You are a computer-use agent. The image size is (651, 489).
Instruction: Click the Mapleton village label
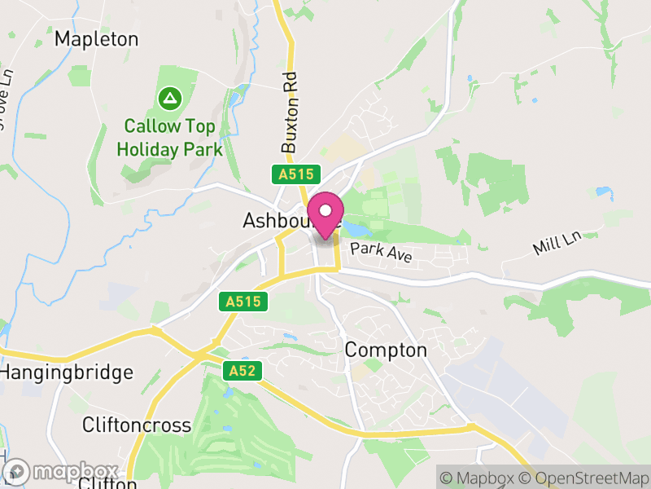coord(96,39)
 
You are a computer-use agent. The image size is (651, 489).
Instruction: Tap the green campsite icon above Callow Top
coord(169,99)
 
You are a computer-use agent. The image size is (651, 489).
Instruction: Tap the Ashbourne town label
coord(277,221)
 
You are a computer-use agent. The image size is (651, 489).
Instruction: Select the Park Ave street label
coord(381,253)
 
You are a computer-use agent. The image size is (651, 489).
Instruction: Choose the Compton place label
coord(386,350)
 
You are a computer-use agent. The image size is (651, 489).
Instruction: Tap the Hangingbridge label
coord(67,373)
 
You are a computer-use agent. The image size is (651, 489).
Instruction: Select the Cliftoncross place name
coord(137,425)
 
